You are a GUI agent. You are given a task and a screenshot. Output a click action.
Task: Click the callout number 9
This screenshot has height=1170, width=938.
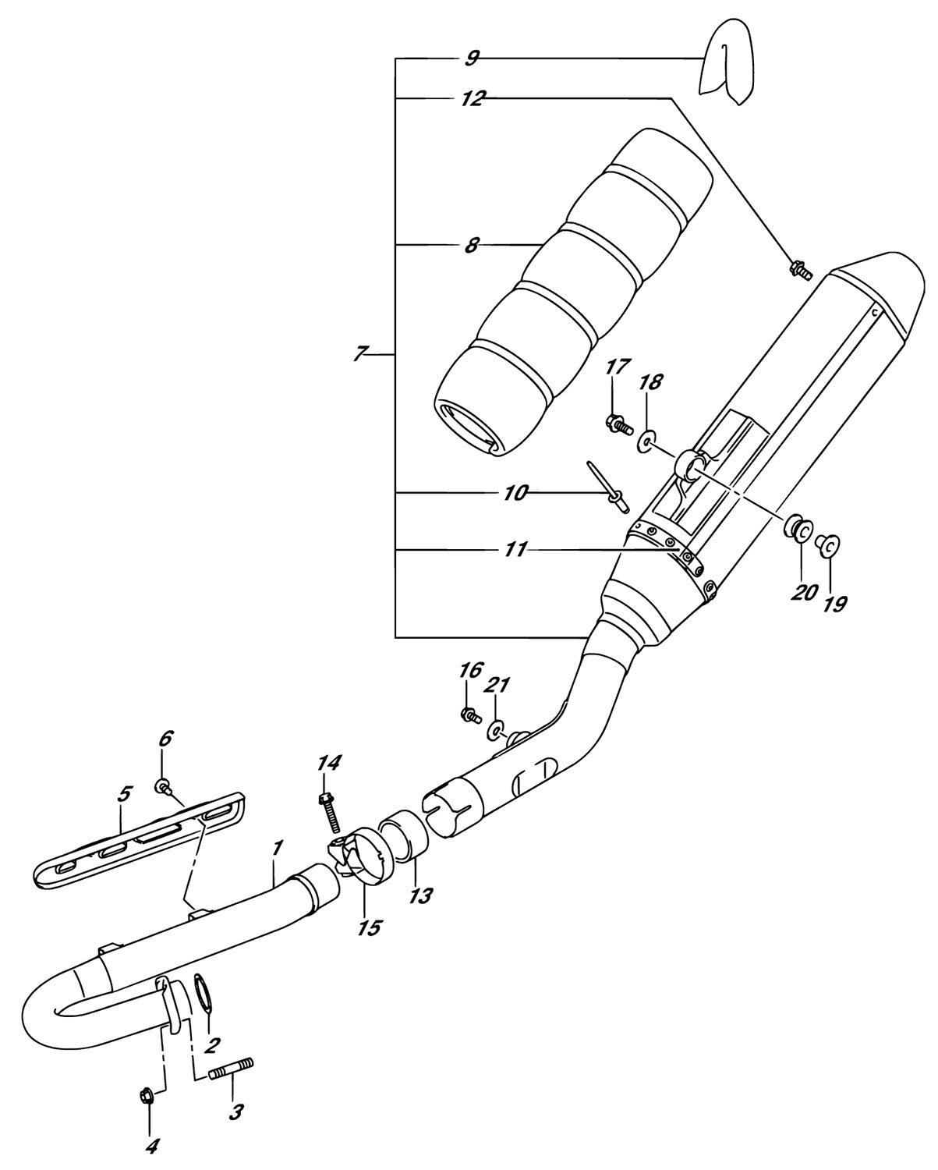[473, 58]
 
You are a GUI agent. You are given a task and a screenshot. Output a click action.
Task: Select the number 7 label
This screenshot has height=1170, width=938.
[359, 353]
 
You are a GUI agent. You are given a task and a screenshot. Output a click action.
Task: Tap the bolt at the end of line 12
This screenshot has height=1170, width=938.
[799, 270]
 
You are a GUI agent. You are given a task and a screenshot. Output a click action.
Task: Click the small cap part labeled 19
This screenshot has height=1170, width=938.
[829, 546]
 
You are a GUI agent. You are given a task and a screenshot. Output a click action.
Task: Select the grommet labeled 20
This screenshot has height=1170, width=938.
[799, 529]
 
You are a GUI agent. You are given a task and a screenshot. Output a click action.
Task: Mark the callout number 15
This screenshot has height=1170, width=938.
[369, 927]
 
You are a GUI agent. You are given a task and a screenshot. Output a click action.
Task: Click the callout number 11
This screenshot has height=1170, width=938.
[515, 550]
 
